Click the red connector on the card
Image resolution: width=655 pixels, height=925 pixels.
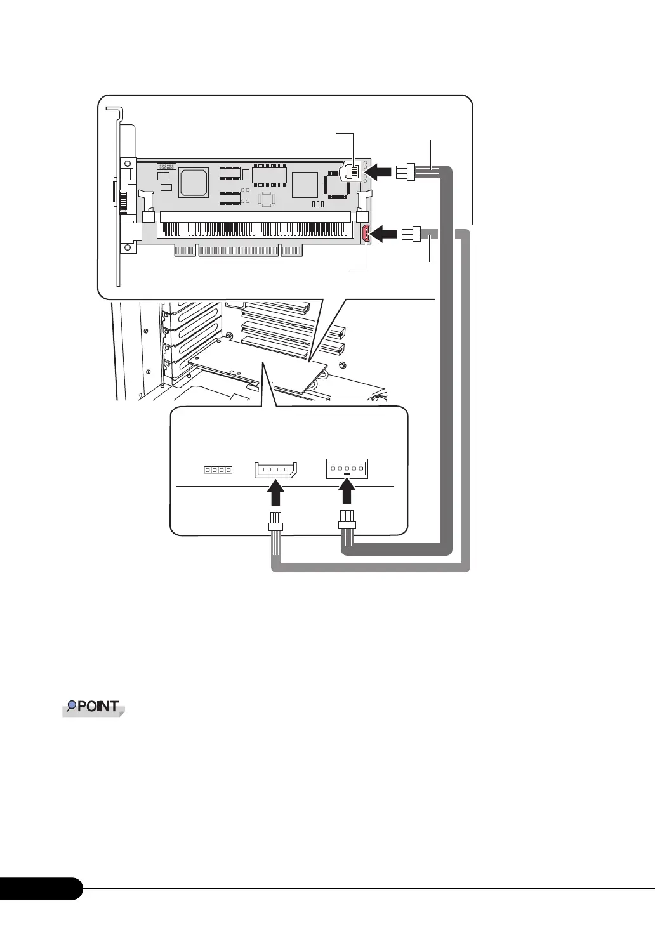[x=366, y=235]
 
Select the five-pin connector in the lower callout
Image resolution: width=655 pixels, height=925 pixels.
[x=346, y=469]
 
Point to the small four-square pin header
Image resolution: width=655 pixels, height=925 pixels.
[x=218, y=471]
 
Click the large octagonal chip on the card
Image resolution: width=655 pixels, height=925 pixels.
[x=194, y=182]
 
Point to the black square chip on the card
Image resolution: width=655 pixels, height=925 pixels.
[x=334, y=183]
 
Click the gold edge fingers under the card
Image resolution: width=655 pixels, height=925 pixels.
[x=238, y=252]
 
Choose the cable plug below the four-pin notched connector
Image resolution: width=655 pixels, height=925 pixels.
[x=275, y=523]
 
